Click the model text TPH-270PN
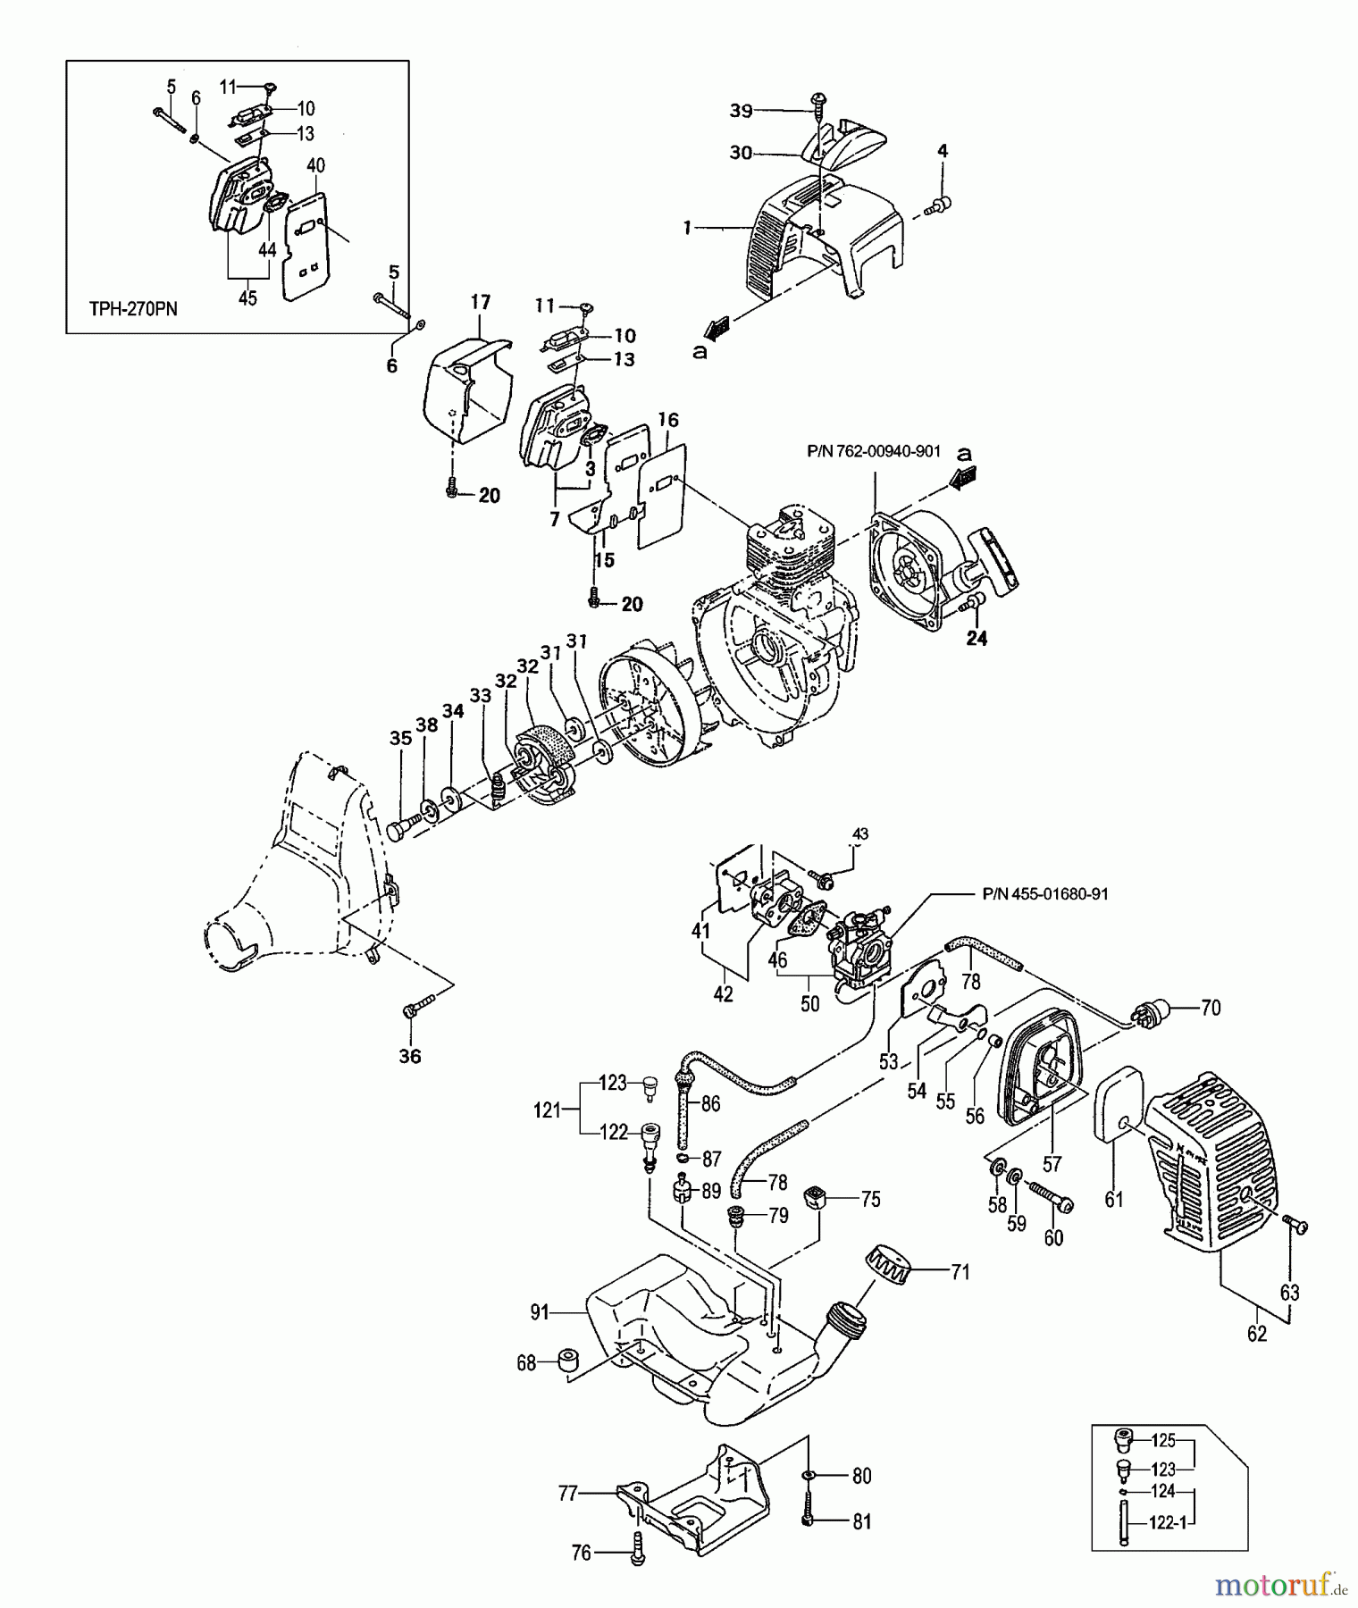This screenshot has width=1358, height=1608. [133, 309]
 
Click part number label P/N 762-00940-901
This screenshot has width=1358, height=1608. [873, 451]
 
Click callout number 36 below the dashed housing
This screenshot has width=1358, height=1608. [410, 1057]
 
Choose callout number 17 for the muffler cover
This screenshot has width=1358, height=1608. [480, 303]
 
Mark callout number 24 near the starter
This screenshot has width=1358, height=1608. [977, 640]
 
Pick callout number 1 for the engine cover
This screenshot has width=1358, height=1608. [688, 229]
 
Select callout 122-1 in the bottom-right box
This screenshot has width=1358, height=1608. [1168, 1524]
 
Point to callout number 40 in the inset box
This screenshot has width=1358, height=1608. [315, 165]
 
